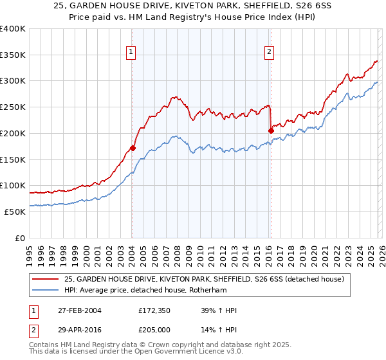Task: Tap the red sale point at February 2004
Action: pos(133,148)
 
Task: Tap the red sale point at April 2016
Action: pos(271,130)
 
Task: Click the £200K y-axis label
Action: pos(13,133)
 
